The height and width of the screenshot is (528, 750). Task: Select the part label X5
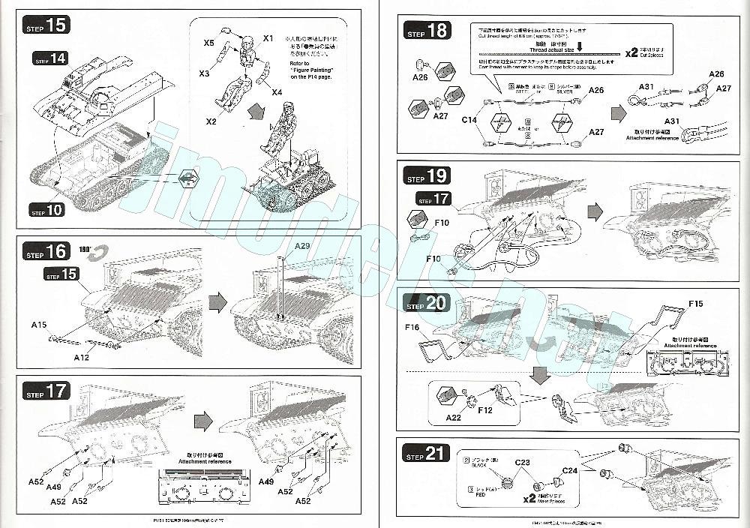(x=209, y=44)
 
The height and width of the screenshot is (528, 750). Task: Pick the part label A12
(x=82, y=358)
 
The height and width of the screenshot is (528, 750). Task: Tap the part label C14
(x=469, y=120)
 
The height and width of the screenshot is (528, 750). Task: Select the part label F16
(x=412, y=328)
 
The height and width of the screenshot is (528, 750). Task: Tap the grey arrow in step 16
(x=217, y=302)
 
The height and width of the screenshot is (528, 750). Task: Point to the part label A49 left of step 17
(x=53, y=487)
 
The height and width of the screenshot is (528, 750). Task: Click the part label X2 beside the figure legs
(x=210, y=121)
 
